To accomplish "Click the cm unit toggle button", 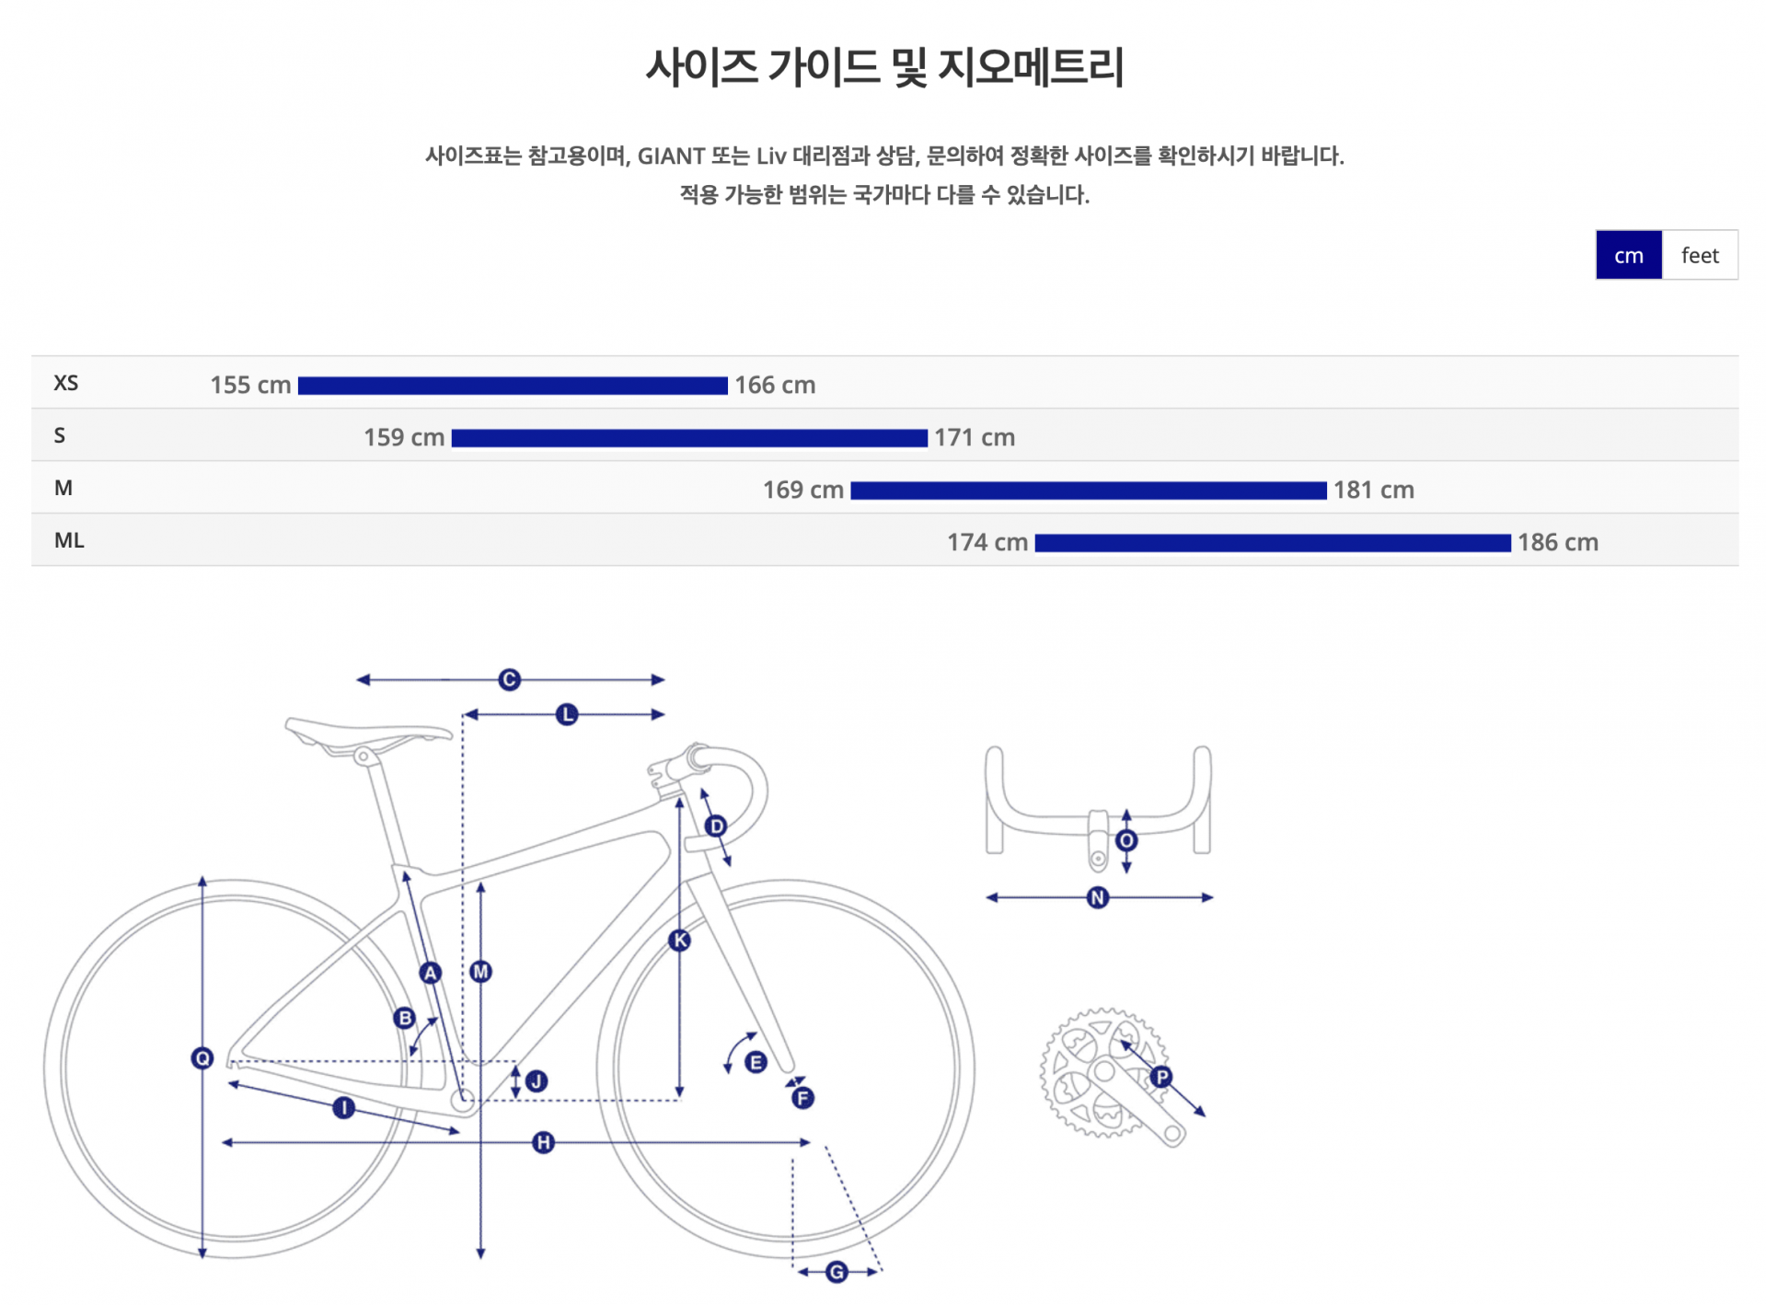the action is pos(1627,255).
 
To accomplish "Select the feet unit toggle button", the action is pos(1699,255).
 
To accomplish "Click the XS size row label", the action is pos(65,383).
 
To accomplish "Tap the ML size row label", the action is pos(69,540).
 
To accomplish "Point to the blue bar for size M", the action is pos(1088,491).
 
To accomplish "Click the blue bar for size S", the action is pos(688,438).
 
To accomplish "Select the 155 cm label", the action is pos(249,385).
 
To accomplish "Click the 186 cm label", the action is pos(1557,542).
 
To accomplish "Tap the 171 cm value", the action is pos(974,437).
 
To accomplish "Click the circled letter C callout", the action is pos(509,679).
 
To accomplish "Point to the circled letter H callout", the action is pos(543,1142).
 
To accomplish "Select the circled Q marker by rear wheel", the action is pos(202,1057).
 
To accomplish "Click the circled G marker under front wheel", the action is pos(836,1272).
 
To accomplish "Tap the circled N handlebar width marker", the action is pos(1097,897).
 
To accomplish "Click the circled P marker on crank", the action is pos(1161,1076).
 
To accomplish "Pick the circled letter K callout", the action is pos(679,940).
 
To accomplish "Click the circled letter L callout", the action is pos(567,714).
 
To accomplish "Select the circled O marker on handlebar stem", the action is pos(1125,840).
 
